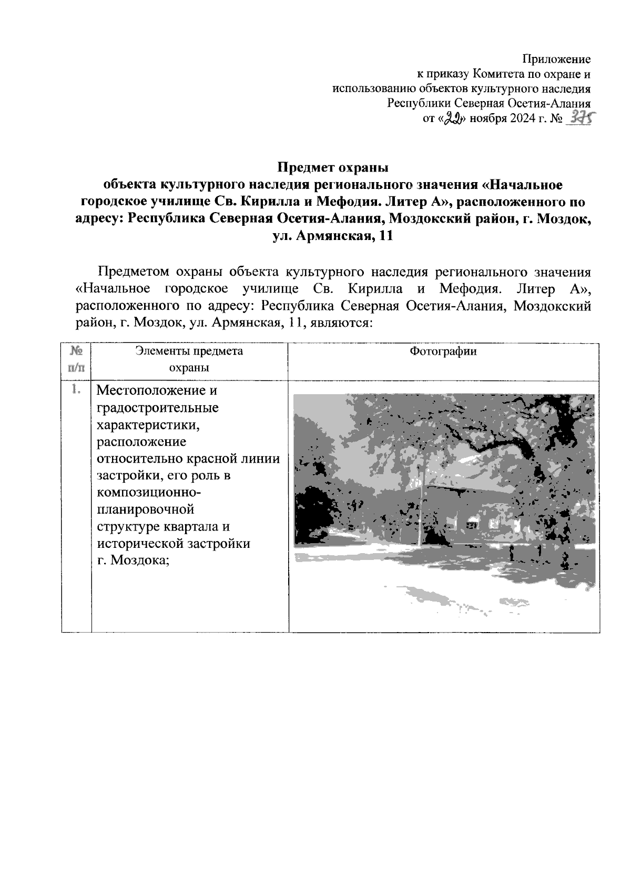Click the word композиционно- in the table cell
point(148,493)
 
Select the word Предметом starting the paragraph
point(133,272)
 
